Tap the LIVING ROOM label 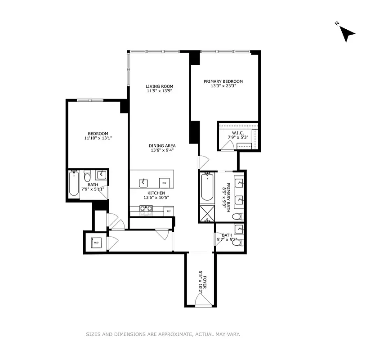click(159, 86)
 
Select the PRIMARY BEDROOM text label click(223, 81)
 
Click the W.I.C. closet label click(236, 133)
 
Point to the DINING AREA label click(162, 146)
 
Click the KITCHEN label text click(157, 193)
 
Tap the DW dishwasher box click(164, 183)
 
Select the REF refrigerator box click(169, 211)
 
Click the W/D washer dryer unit click(96, 243)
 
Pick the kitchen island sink click(144, 182)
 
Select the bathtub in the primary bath click(207, 187)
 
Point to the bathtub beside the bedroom click(74, 184)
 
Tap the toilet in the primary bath click(238, 217)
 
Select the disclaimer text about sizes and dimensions click(163, 334)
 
